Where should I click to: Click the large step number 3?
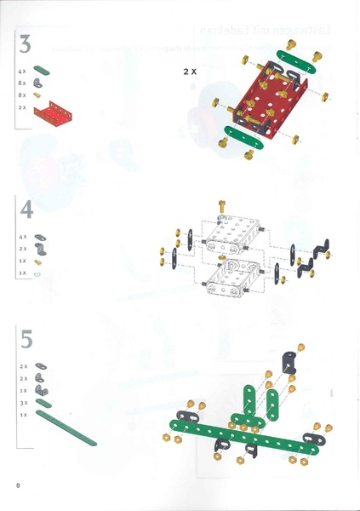[x=26, y=45]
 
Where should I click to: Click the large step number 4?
[x=26, y=209]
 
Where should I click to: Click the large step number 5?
[x=26, y=339]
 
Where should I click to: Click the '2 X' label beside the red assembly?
[x=190, y=73]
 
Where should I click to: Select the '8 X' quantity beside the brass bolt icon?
[x=23, y=95]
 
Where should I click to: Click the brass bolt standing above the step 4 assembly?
[x=222, y=205]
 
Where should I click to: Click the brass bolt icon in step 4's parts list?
[x=39, y=261]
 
